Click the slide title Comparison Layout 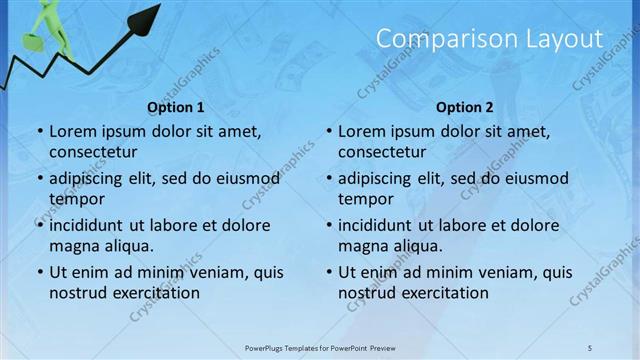pyautogui.click(x=489, y=40)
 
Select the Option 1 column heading pyautogui.click(x=176, y=107)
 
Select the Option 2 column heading pyautogui.click(x=465, y=107)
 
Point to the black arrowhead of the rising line pyautogui.click(x=148, y=17)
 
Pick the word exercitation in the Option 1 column pyautogui.click(x=151, y=293)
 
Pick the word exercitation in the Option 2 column pyautogui.click(x=440, y=293)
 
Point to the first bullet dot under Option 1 pyautogui.click(x=40, y=132)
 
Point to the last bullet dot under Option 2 pyautogui.click(x=329, y=273)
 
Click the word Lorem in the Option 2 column pyautogui.click(x=361, y=132)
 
